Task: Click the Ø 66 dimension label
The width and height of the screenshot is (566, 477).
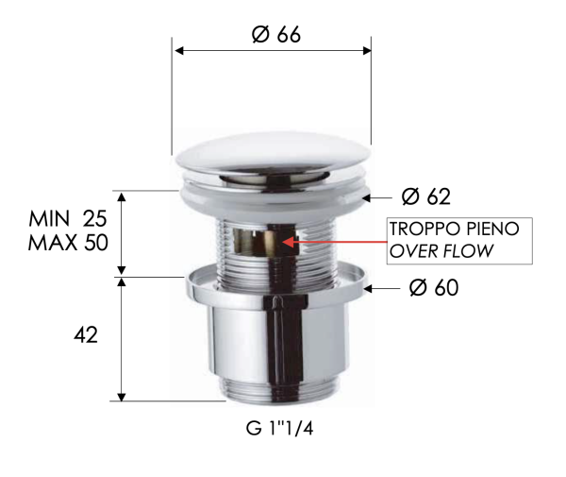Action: [275, 34]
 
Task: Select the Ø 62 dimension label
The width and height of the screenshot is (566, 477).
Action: [425, 196]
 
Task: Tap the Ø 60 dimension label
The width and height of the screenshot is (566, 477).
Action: [434, 287]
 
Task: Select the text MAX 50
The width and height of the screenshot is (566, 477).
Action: [69, 242]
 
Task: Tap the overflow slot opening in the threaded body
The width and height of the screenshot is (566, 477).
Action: [270, 244]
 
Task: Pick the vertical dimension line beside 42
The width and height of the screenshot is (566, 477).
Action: [123, 340]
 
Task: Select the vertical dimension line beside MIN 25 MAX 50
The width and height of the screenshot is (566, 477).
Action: [123, 233]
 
